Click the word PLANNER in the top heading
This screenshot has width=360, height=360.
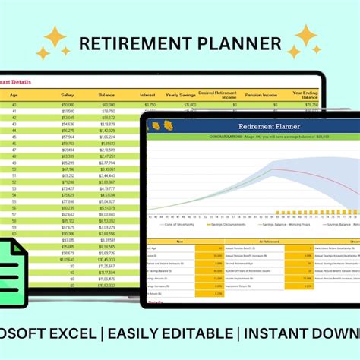click(x=237, y=44)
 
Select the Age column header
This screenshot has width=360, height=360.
click(x=13, y=95)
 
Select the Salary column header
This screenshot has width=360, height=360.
click(x=68, y=95)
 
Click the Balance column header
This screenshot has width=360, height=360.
click(x=106, y=95)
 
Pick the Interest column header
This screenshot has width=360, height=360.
click(x=149, y=95)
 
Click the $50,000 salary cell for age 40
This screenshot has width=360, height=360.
click(x=68, y=104)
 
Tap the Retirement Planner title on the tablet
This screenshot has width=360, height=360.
click(x=259, y=126)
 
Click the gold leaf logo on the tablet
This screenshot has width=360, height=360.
click(x=161, y=125)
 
